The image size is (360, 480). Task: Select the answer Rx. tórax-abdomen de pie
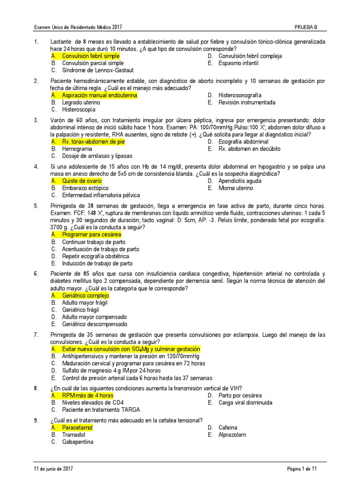click(93, 142)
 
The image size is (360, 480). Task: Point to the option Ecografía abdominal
click(243, 142)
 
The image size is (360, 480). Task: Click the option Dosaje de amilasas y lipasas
click(97, 156)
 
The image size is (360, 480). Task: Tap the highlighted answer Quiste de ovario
click(82, 181)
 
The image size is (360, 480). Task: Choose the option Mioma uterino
click(235, 188)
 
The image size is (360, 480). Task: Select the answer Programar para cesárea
click(91, 234)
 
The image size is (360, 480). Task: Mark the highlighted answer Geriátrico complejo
click(85, 296)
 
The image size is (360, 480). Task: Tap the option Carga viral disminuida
click(245, 403)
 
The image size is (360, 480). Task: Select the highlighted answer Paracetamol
click(77, 427)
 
